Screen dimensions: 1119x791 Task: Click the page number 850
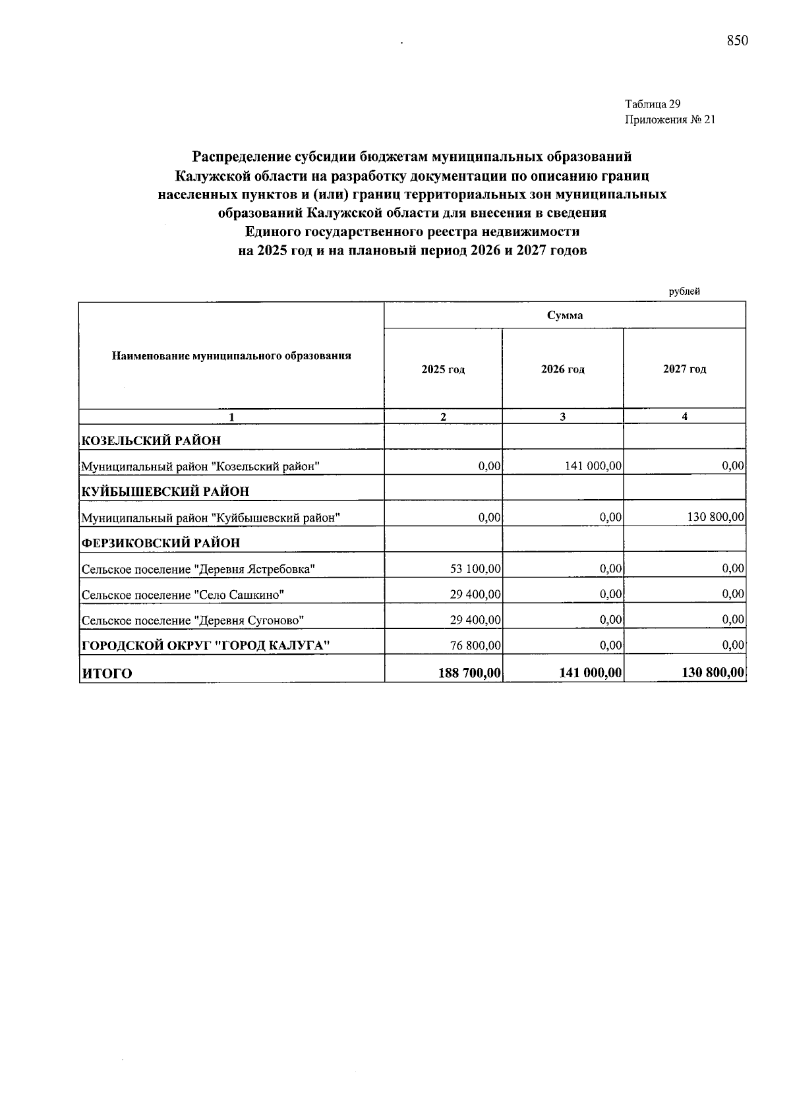point(738,41)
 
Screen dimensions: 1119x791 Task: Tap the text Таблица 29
point(652,104)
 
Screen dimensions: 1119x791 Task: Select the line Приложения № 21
point(669,120)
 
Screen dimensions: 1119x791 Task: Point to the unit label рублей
point(684,291)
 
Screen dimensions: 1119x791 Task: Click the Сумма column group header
point(565,315)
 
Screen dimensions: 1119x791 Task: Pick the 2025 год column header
point(443,369)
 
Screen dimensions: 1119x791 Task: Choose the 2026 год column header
point(562,369)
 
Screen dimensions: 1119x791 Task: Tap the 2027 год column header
point(684,369)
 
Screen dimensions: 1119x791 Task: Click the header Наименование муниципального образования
point(231,356)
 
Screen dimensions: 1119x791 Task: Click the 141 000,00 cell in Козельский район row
point(593,466)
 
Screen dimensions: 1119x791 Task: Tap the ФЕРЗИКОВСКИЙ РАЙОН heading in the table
point(160,543)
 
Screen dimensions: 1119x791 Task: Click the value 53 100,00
point(475,568)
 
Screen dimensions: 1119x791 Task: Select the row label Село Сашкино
point(183,595)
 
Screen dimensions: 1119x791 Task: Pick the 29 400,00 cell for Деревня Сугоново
point(475,620)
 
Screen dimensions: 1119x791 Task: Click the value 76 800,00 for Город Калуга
point(475,645)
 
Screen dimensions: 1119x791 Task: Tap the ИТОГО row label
point(106,673)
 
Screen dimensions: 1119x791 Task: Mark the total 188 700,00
point(469,673)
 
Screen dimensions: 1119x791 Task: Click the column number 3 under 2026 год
point(562,417)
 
